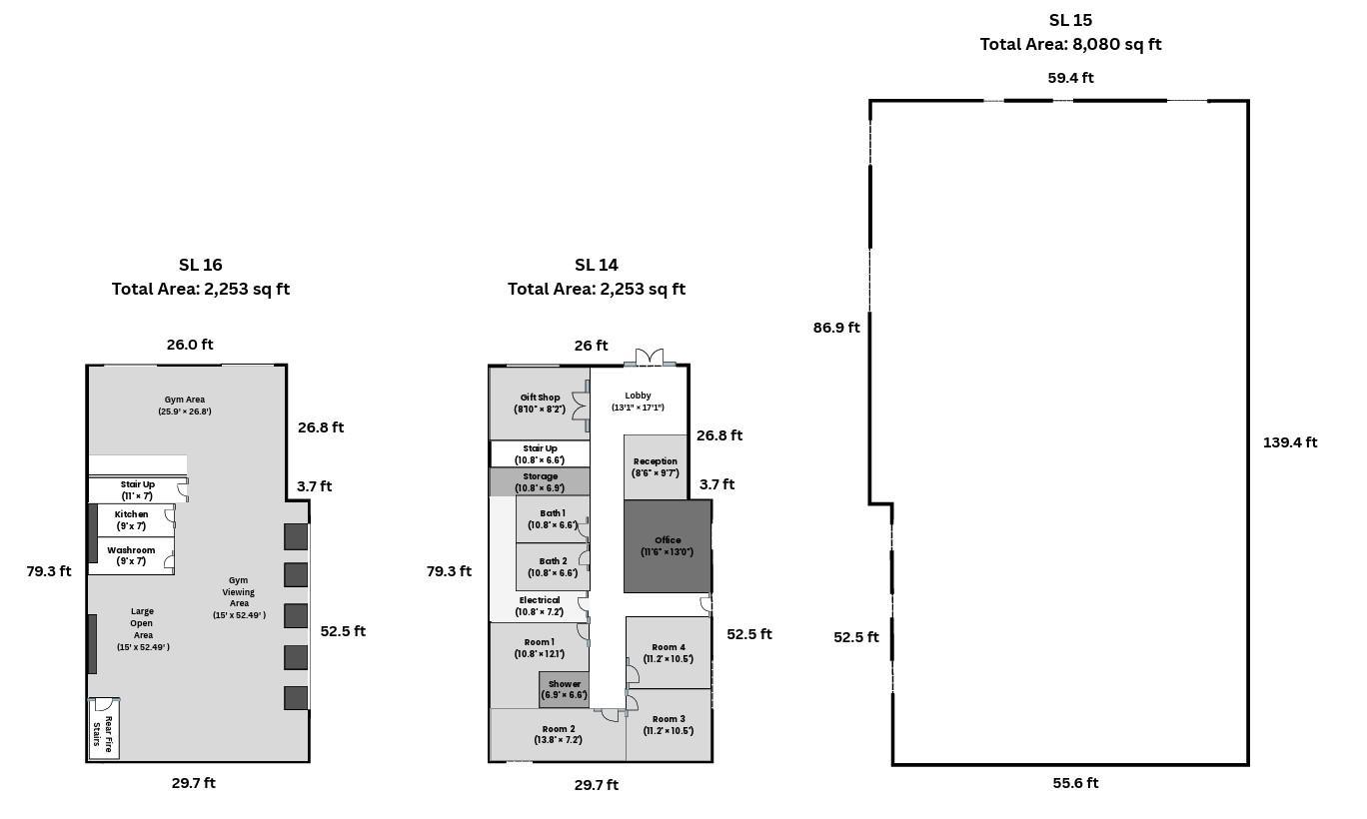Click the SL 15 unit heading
click(1070, 20)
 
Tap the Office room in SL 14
click(668, 545)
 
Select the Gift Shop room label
click(540, 404)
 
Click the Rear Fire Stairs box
click(104, 729)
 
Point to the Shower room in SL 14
click(564, 690)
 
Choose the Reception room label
click(655, 467)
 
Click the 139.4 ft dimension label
click(1289, 442)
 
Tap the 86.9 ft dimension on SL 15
click(836, 328)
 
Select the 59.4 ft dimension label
click(1070, 78)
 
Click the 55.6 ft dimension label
click(1075, 783)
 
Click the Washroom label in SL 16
click(131, 555)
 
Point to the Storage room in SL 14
click(540, 481)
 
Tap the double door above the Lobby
click(649, 358)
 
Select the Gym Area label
click(184, 405)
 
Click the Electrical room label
click(539, 606)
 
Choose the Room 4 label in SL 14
click(669, 653)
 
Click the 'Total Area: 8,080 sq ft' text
click(1070, 45)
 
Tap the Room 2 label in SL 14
click(558, 734)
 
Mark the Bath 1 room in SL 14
click(553, 519)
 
